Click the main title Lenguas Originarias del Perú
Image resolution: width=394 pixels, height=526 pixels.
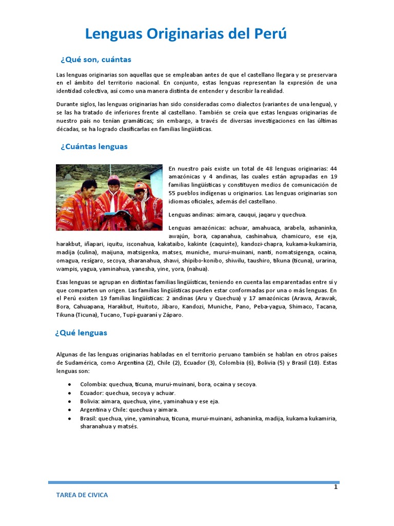point(186,34)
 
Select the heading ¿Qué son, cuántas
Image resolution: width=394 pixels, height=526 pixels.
point(95,59)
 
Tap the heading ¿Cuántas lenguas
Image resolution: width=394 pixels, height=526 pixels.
point(94,146)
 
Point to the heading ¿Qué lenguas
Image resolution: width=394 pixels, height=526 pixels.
point(81,332)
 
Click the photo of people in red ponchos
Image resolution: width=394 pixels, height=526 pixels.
point(109,197)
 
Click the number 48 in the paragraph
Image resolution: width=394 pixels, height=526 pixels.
point(270,168)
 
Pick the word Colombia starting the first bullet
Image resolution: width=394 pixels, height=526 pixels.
point(92,384)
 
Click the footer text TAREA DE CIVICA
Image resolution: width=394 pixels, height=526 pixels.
point(82,495)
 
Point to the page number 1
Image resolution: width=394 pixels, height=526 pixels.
point(336,487)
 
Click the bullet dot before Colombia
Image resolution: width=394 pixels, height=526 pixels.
point(69,385)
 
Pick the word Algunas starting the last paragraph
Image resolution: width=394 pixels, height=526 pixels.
point(67,354)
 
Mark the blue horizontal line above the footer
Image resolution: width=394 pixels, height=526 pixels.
point(194,482)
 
